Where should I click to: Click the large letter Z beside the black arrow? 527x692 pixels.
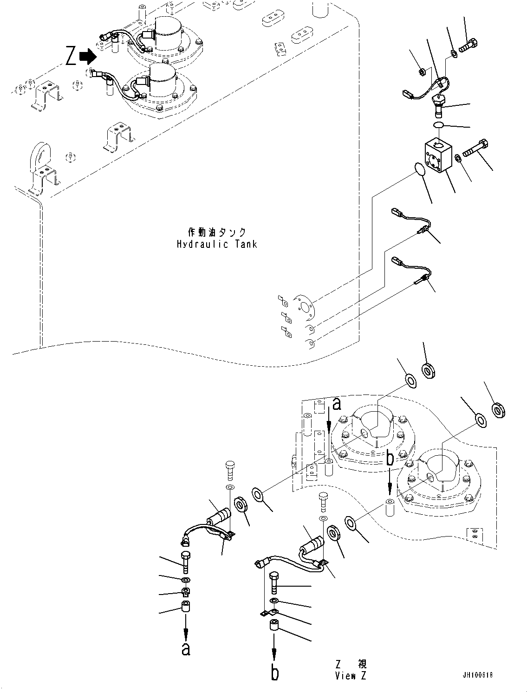click(71, 57)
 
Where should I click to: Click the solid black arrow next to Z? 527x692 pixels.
click(88, 57)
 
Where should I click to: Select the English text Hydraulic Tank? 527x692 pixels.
click(216, 244)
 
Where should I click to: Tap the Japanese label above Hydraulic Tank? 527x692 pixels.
click(216, 232)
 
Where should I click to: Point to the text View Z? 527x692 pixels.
click(351, 676)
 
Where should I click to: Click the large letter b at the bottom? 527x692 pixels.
click(275, 672)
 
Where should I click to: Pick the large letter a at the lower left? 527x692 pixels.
click(186, 649)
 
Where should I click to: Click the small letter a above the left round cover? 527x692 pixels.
click(337, 404)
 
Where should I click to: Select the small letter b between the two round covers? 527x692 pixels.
click(390, 459)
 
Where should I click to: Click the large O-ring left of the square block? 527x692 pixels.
click(419, 169)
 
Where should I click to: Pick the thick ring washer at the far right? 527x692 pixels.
click(499, 410)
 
